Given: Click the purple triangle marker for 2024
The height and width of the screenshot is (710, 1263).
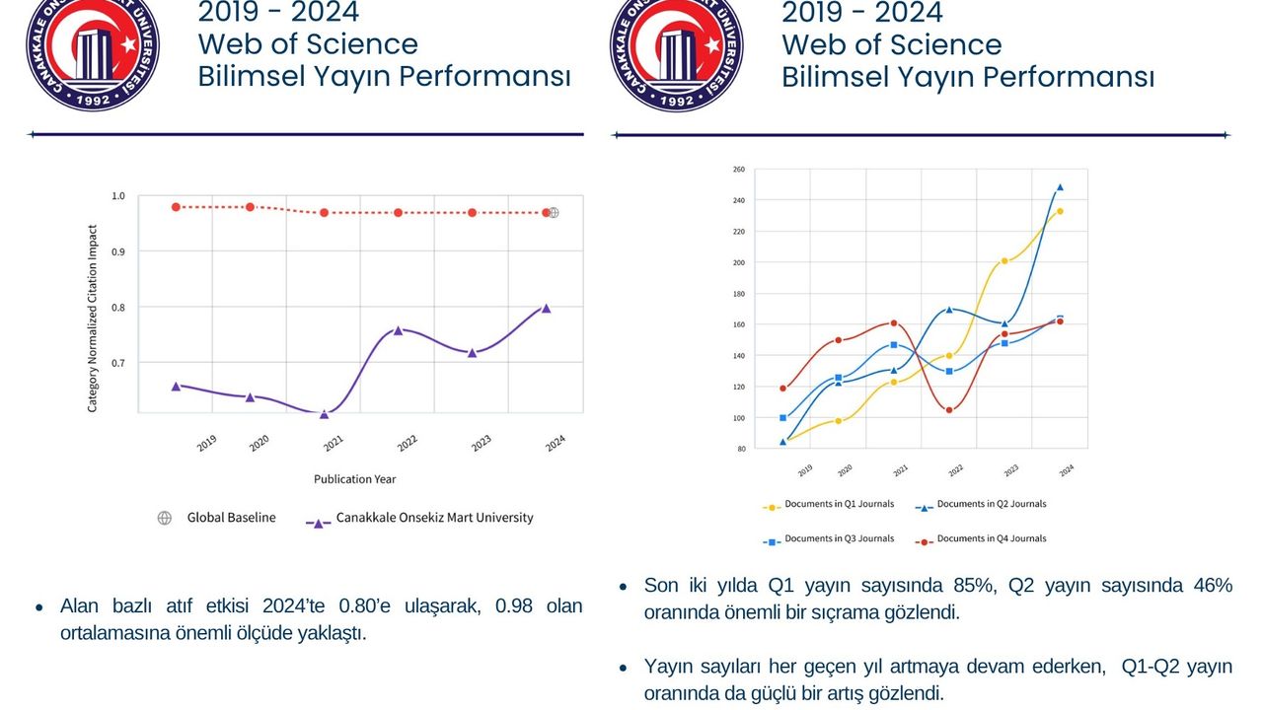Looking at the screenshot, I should point(546,309).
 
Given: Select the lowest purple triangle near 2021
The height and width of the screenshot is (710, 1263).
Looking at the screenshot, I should point(324,414).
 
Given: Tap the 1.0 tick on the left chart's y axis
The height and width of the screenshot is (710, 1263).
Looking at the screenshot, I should point(118,196).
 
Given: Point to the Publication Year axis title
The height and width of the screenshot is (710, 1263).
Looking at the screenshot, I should point(355,479).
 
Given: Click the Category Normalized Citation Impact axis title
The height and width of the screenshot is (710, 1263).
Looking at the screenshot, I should point(93,319).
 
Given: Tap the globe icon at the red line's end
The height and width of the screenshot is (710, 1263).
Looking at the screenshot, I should point(554,212).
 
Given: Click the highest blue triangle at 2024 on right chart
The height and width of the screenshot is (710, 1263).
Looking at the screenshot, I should point(1060,186).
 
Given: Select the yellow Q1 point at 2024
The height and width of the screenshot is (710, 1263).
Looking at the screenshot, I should point(1060,211).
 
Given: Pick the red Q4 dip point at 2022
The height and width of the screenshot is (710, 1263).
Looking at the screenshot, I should point(949,410).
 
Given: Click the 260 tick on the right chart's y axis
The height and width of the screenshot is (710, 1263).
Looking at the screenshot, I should point(739,170).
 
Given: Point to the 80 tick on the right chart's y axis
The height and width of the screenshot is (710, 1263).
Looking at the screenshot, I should point(740,450).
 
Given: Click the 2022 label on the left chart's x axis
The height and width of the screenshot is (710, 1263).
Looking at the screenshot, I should point(407,444).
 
